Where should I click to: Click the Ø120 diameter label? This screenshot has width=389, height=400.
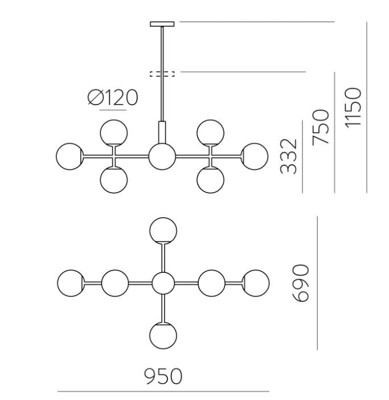pos(113,97)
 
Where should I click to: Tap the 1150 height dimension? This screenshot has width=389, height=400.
pos(353,107)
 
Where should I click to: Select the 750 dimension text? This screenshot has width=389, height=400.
pos(321,127)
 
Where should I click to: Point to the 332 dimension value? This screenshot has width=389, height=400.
pos(288,156)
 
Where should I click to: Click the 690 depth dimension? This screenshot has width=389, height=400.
pos(301,283)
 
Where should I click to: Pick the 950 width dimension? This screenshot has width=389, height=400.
pos(163,376)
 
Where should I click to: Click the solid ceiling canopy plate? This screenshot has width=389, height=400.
pos(162,24)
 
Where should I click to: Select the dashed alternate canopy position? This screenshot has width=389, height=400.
pos(162,74)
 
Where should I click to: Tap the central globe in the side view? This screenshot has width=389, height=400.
pos(162,156)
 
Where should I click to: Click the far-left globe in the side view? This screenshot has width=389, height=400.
pos(69,156)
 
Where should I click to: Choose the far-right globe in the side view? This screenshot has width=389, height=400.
pos(255,156)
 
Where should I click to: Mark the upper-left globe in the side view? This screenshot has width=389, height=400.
pos(113,133)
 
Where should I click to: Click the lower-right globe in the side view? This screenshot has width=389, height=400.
pos(211,180)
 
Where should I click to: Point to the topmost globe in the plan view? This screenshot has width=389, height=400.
pos(163,231)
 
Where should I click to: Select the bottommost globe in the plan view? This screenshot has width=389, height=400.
pos(163,335)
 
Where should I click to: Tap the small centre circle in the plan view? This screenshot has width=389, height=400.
pos(163,283)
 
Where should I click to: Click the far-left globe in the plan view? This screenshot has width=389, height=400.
pos(71,283)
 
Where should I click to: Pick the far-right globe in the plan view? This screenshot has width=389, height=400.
pos(256,283)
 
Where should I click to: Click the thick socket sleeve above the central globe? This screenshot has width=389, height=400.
pos(162,132)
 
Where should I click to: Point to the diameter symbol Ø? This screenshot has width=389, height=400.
pos(95,97)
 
